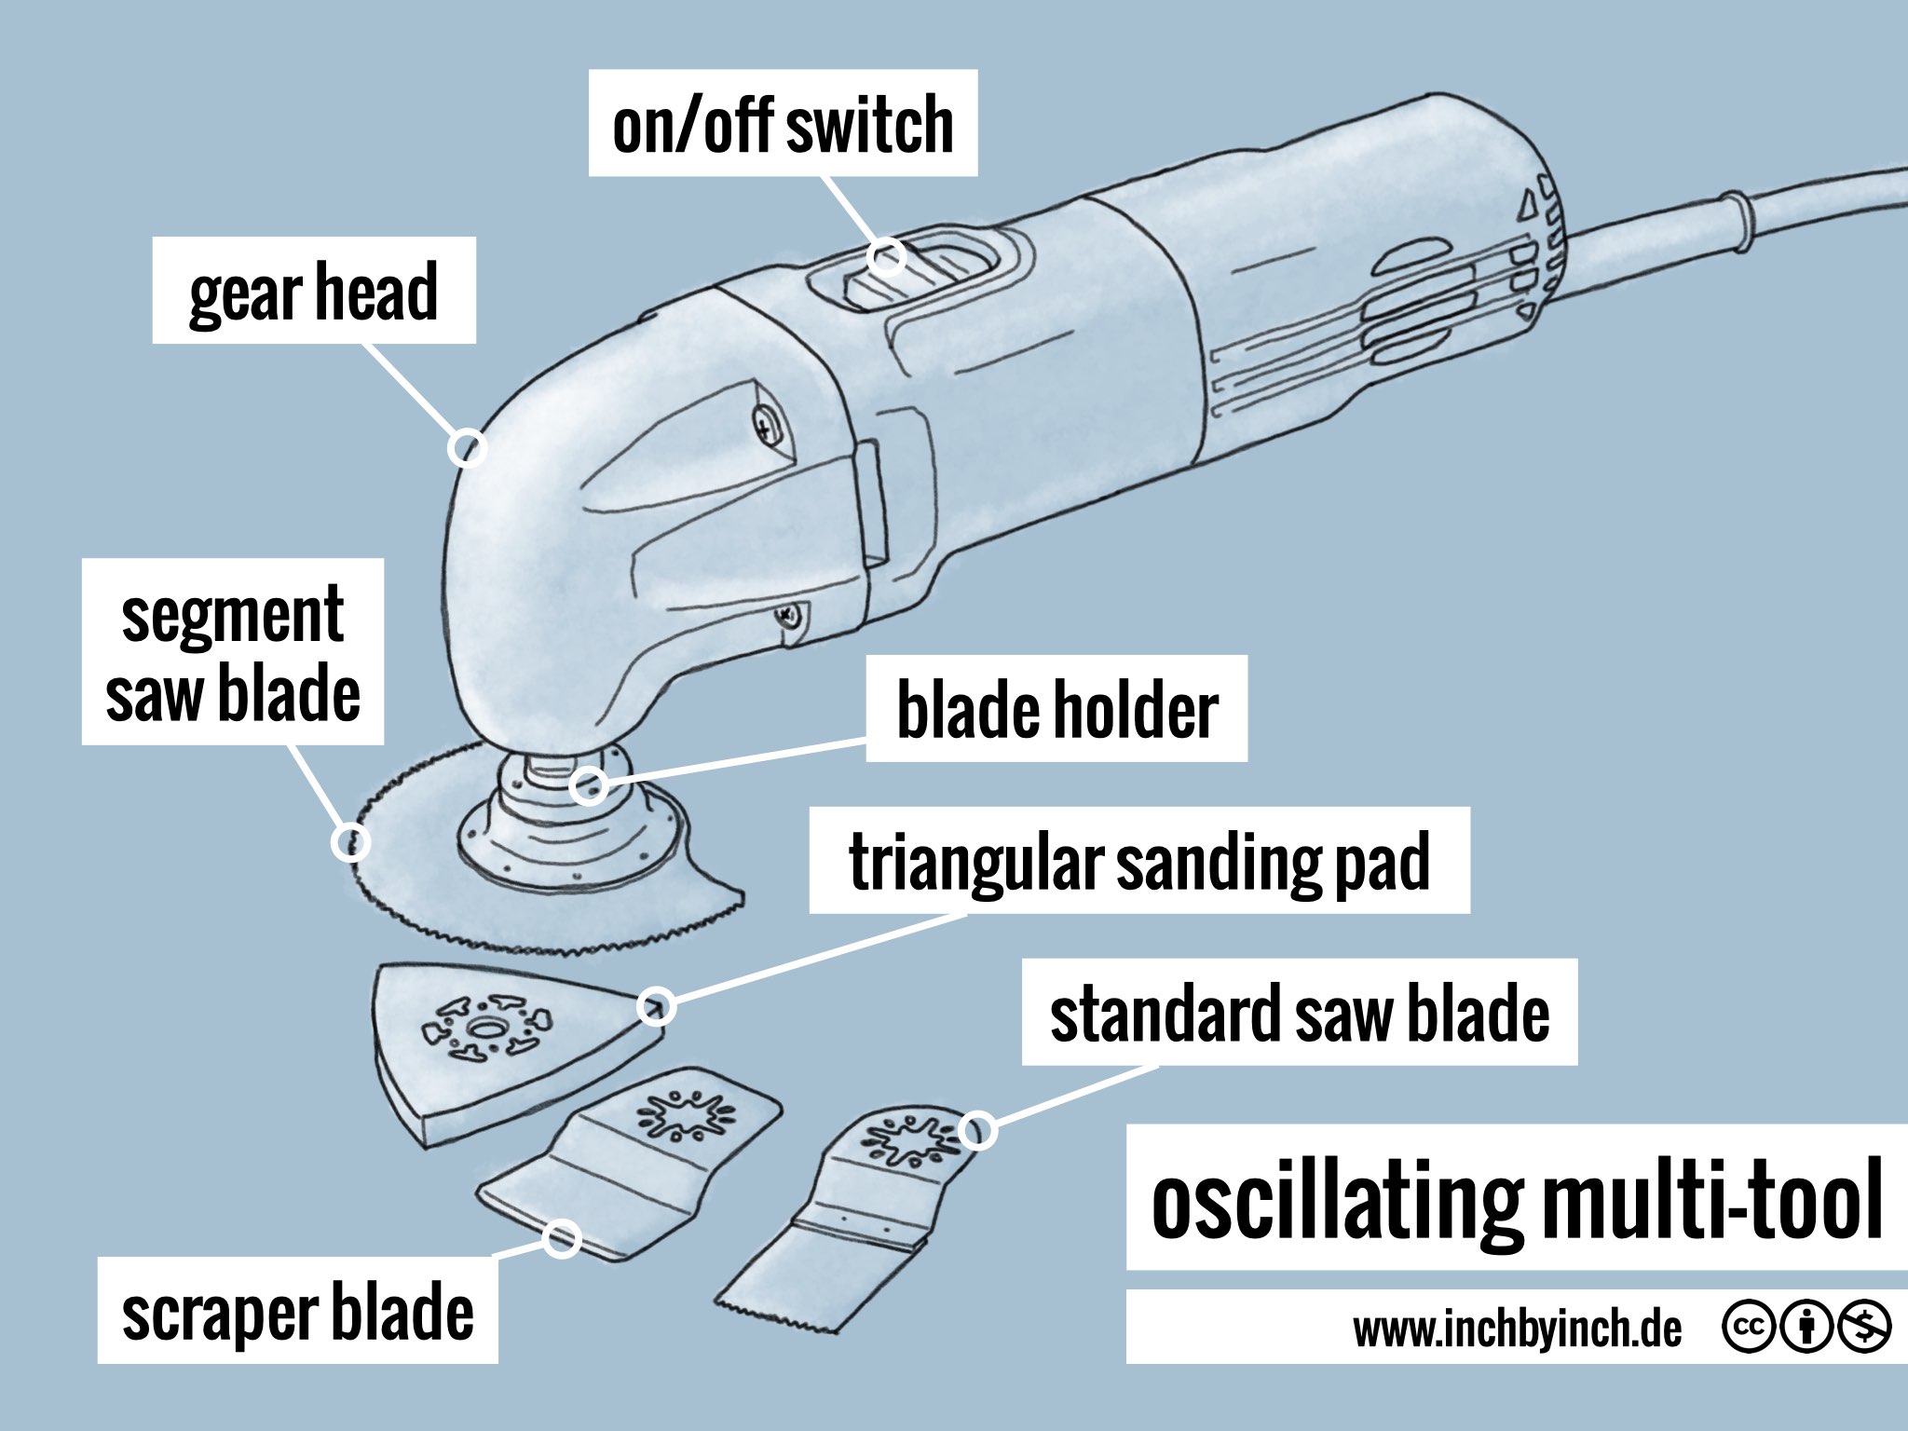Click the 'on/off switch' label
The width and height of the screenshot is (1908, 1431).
[x=783, y=124]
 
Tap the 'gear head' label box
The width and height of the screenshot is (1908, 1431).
[x=314, y=291]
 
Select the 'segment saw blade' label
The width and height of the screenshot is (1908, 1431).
[x=233, y=652]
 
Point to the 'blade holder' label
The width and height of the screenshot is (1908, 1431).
[x=1056, y=709]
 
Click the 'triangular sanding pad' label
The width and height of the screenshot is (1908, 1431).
[x=1138, y=861]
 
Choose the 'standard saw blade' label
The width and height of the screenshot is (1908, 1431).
[x=1299, y=1013]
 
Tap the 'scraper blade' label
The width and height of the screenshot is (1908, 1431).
[x=297, y=1312]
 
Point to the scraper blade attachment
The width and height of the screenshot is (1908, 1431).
[x=624, y=1165]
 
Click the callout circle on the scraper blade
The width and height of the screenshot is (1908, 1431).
[x=562, y=1238]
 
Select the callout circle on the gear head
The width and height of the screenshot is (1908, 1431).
[x=467, y=447]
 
